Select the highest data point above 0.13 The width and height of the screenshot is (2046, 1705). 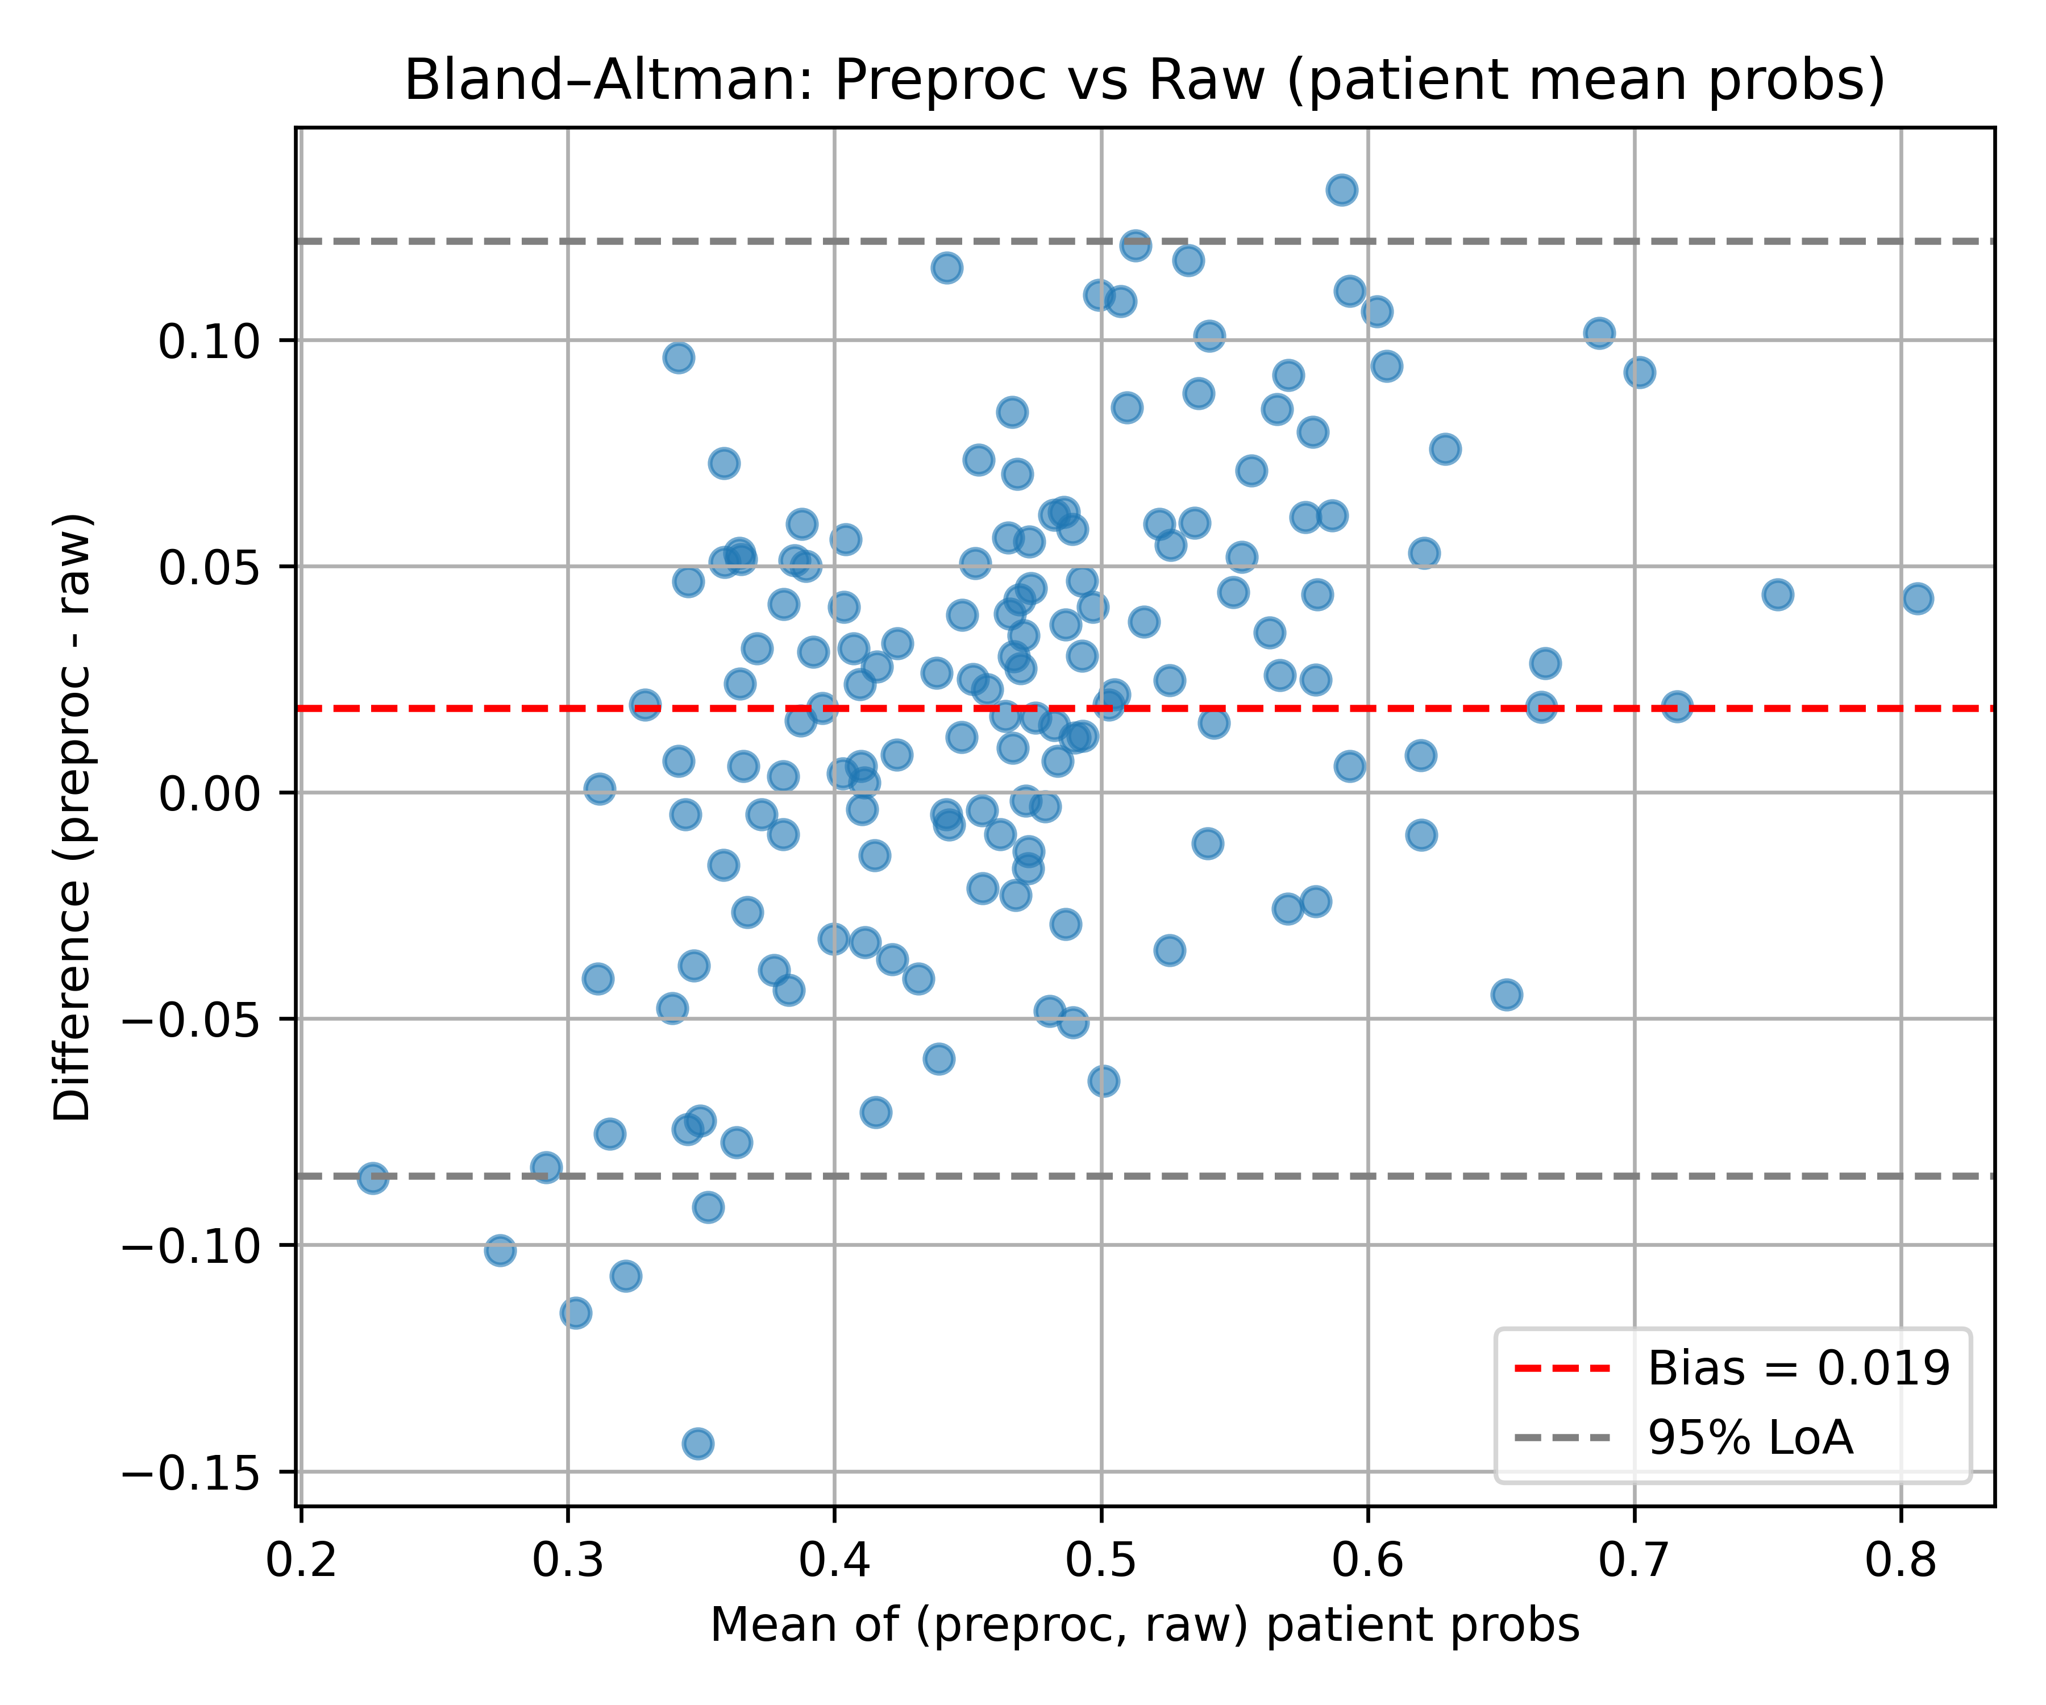[x=1342, y=190]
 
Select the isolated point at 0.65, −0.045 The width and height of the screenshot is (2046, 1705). [x=1506, y=995]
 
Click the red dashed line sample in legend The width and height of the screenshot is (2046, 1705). [x=1563, y=1369]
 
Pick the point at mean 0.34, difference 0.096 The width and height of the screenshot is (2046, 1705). [x=679, y=357]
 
